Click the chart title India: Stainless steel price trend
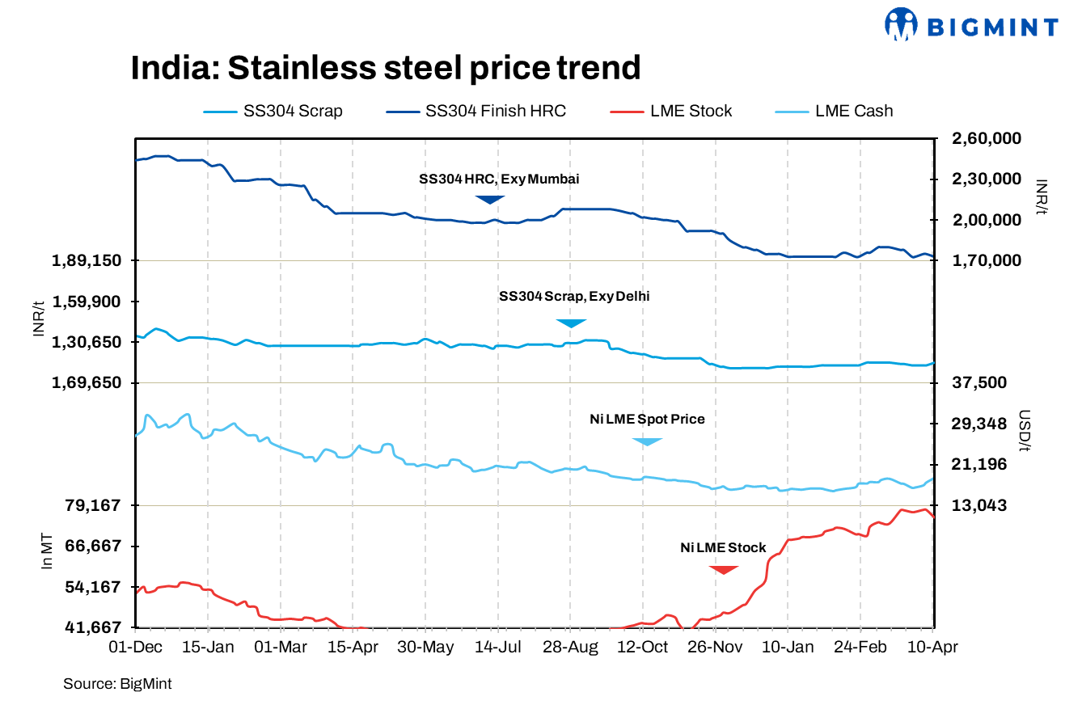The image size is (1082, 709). coord(386,67)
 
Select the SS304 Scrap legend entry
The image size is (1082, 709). coord(273,112)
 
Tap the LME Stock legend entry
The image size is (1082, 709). coord(670,112)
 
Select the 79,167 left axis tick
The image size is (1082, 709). coord(91,505)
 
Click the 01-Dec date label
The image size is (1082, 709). coord(136,648)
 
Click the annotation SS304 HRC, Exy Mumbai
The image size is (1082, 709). coord(498,179)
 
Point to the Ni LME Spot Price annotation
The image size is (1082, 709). coord(647,419)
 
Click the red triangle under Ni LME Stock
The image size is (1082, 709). coord(724,569)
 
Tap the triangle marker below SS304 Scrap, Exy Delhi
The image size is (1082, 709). coord(571,323)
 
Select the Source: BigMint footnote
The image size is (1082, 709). coord(117,684)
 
